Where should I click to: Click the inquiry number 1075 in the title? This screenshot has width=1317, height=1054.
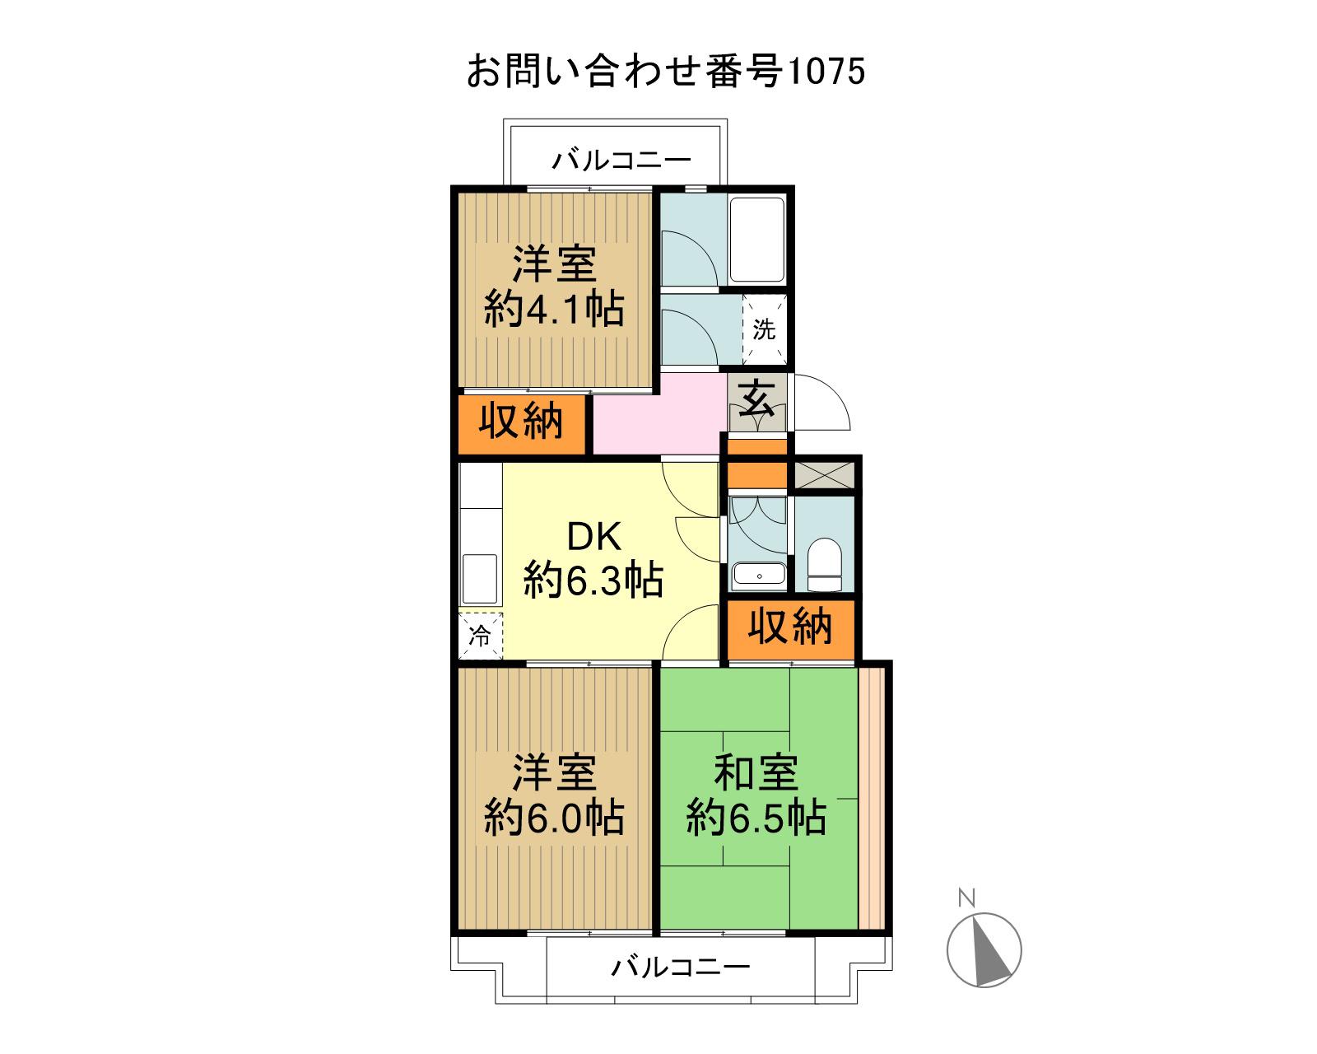pyautogui.click(x=826, y=71)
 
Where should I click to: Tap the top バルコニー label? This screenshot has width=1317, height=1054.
pyautogui.click(x=621, y=161)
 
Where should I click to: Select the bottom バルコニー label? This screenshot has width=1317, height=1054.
pyautogui.click(x=681, y=967)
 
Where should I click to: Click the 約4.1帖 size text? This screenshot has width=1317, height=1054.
pyautogui.click(x=555, y=310)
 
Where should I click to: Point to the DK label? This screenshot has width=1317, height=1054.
pyautogui.click(x=594, y=537)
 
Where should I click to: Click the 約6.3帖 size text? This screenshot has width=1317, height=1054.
pyautogui.click(x=594, y=580)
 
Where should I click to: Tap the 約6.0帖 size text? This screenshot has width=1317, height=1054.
pyautogui.click(x=555, y=818)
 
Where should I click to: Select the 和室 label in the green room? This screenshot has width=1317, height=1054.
pyautogui.click(x=756, y=773)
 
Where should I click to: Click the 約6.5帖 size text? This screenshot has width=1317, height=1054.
pyautogui.click(x=756, y=818)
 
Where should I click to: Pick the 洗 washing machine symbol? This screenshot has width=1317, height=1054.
pyautogui.click(x=765, y=329)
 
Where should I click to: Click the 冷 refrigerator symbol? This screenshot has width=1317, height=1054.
pyautogui.click(x=481, y=636)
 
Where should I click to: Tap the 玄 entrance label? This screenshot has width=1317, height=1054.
pyautogui.click(x=757, y=398)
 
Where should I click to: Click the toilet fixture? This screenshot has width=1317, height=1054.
pyautogui.click(x=824, y=565)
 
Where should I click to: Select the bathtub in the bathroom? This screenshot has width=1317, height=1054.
pyautogui.click(x=757, y=239)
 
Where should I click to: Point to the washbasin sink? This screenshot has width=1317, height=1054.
pyautogui.click(x=759, y=575)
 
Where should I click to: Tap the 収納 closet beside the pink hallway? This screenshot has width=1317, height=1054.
pyautogui.click(x=521, y=422)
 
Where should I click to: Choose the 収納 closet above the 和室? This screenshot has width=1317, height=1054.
pyautogui.click(x=791, y=627)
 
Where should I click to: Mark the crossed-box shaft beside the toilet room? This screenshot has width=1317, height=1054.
pyautogui.click(x=824, y=475)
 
